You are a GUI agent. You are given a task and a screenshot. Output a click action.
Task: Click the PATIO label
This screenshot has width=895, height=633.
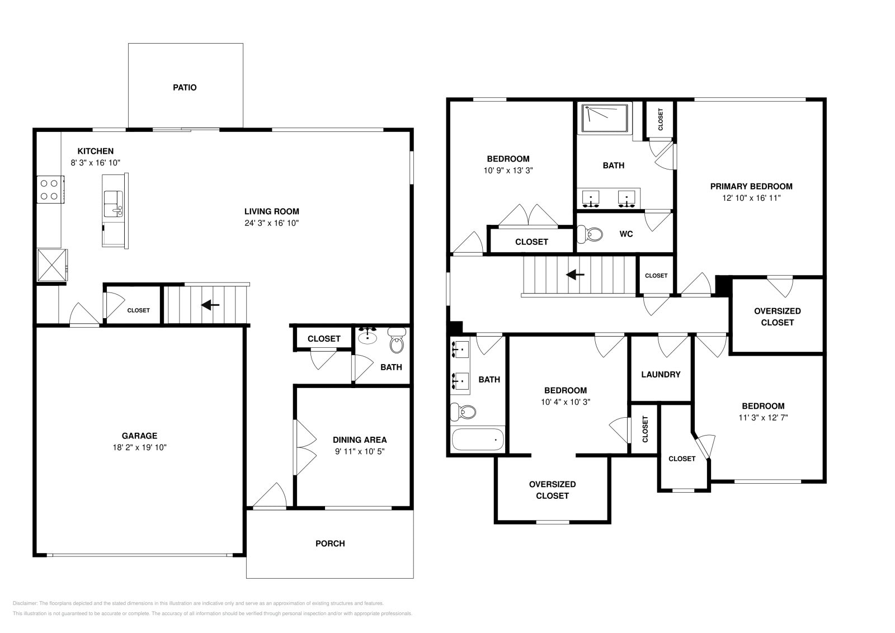[185, 87]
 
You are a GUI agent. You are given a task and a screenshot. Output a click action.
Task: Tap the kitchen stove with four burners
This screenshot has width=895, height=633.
[49, 189]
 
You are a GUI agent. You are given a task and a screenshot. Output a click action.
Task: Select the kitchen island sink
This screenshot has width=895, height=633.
[114, 202]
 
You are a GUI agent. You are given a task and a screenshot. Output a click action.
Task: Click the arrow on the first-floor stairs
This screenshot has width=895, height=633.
[210, 305]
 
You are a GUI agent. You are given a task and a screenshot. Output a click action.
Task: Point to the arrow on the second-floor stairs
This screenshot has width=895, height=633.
[575, 275]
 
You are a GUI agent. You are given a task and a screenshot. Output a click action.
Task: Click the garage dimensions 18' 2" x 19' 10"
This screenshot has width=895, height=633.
[139, 447]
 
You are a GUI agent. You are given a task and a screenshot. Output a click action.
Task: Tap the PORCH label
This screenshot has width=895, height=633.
[330, 543]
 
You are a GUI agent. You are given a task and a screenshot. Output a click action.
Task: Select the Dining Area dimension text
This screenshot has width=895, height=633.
[360, 451]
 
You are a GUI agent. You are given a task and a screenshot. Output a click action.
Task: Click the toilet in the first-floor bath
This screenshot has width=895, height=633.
[397, 342]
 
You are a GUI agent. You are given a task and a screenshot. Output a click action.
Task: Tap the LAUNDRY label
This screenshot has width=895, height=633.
[661, 374]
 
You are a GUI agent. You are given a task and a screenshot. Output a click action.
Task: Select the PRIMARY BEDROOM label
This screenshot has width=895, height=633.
[751, 186]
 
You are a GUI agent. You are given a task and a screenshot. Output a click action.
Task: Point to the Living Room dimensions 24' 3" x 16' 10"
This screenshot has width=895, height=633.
[271, 223]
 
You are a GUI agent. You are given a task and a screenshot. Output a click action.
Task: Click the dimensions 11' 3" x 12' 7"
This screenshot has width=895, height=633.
[763, 417]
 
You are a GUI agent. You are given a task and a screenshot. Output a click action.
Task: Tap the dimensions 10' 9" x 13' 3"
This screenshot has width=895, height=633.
[508, 171]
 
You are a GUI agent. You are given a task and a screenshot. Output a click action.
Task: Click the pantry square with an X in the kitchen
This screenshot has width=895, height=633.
[51, 264]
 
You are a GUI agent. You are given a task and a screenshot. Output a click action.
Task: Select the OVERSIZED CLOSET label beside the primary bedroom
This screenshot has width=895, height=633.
[777, 316]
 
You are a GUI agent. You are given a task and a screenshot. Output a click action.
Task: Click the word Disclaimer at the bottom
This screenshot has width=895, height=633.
[24, 603]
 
